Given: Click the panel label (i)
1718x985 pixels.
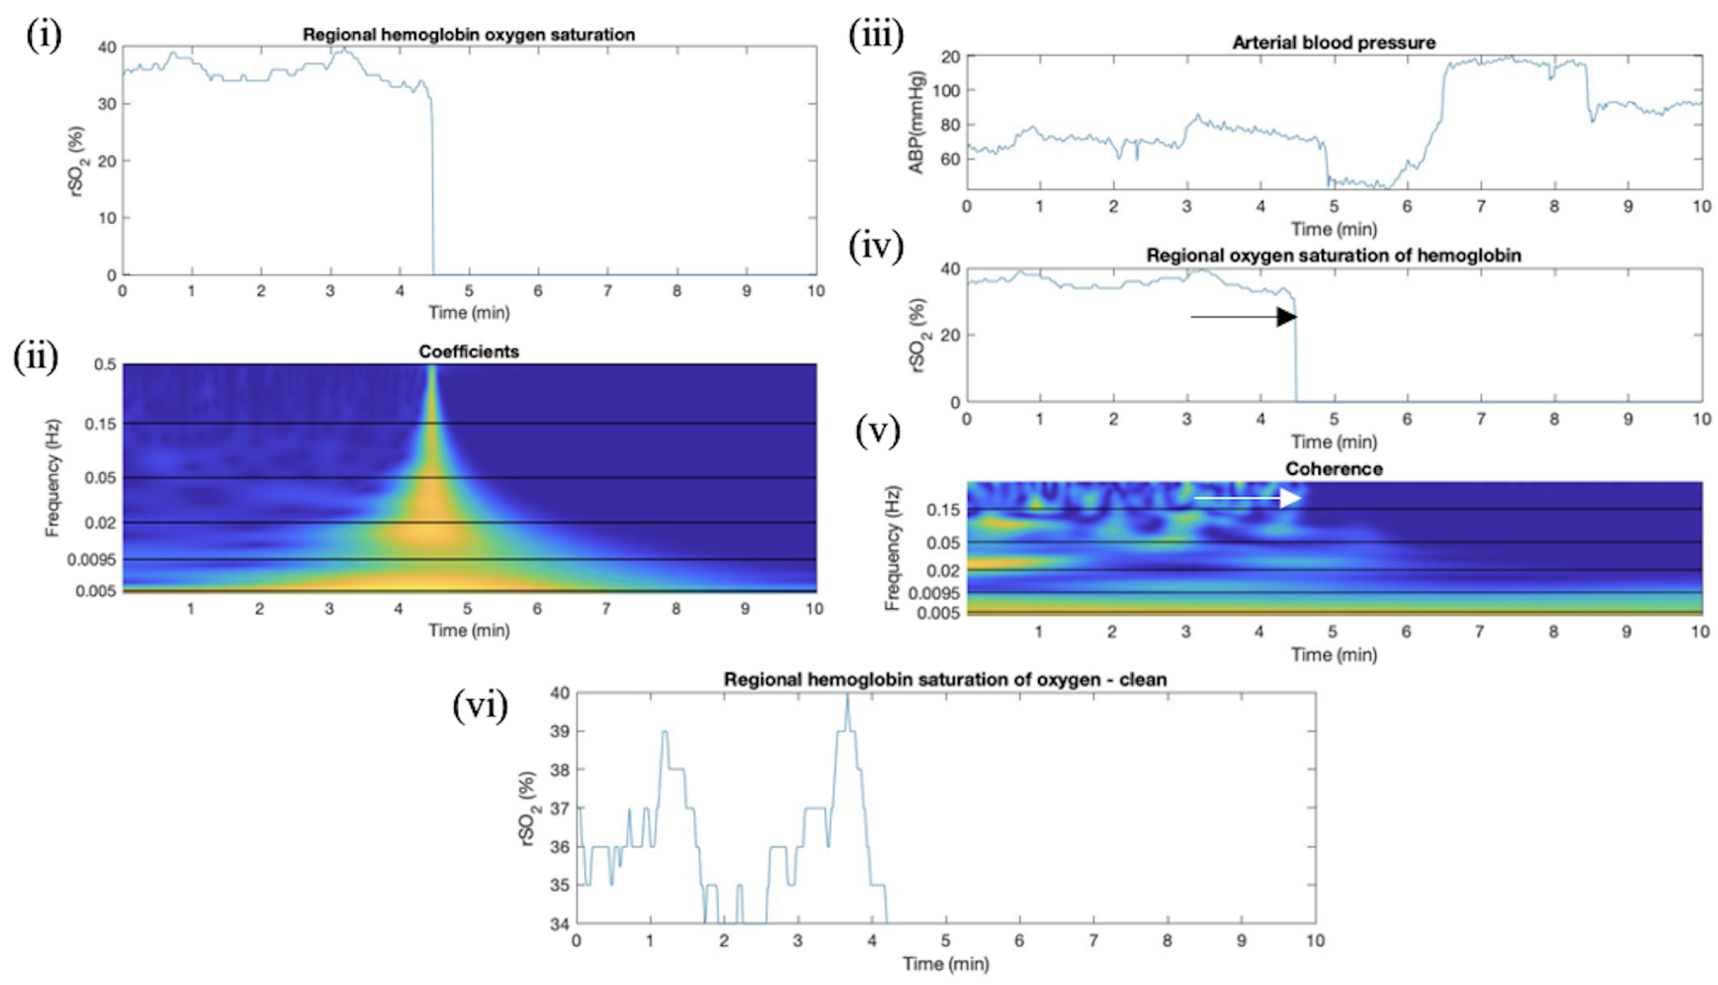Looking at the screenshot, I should [44, 36].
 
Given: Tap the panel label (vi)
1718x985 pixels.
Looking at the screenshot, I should [480, 707].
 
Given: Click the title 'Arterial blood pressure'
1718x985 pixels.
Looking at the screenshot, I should [1333, 43].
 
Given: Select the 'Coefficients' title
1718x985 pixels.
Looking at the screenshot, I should [468, 352].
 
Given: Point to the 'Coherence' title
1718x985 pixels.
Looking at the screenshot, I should [1334, 469].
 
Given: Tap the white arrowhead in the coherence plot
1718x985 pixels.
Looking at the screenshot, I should [1290, 499].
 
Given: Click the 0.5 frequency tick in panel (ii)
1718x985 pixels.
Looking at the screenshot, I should [105, 365].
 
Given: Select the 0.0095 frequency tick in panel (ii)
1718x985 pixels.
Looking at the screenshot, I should [91, 560].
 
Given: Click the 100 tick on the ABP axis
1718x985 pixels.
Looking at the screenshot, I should [946, 91].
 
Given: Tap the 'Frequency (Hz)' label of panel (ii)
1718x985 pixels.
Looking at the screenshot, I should [53, 477].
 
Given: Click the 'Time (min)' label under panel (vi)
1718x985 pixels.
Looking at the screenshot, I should [945, 963].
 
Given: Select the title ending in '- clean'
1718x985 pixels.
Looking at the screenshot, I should [945, 679].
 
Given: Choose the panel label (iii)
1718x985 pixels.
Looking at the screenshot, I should [875, 36].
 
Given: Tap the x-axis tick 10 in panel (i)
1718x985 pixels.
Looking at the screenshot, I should [816, 291].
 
